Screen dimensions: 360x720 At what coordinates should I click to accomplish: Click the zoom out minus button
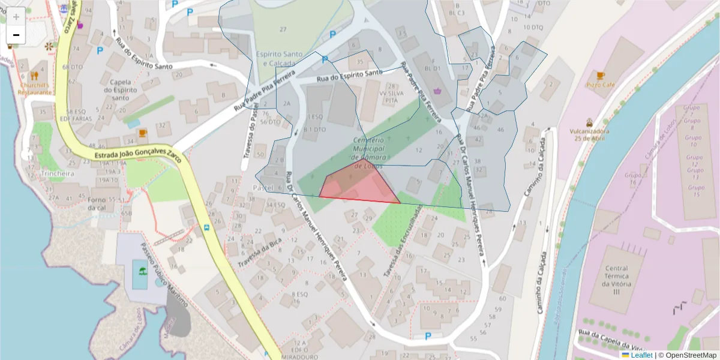point(16,35)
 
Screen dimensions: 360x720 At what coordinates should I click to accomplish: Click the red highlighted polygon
point(360,183)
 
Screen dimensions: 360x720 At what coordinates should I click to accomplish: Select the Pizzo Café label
point(601,85)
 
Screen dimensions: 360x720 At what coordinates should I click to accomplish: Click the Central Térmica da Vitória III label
point(617,280)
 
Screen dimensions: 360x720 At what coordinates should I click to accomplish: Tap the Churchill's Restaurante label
point(34,89)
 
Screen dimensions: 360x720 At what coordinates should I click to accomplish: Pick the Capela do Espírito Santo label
point(121,89)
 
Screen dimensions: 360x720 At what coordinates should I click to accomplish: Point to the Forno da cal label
point(97,204)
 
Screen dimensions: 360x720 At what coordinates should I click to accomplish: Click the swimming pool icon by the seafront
point(142,271)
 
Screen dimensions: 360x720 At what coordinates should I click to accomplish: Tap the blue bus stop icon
point(207,227)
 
